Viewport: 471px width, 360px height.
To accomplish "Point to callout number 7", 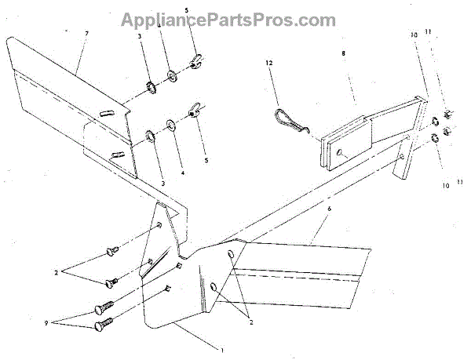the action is coord(87,35).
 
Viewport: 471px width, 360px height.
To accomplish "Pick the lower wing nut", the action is coord(192,114).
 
